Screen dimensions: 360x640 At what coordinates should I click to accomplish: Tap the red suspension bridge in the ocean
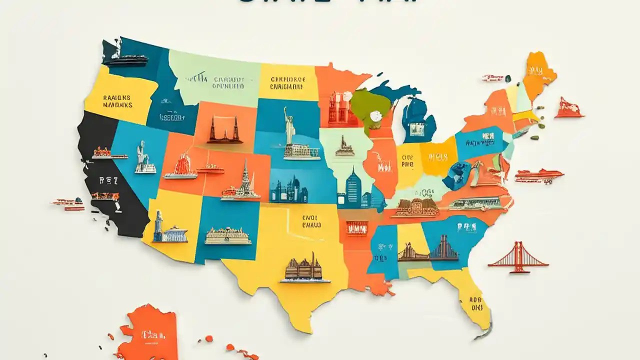click(x=518, y=258)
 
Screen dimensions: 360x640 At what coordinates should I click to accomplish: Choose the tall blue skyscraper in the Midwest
click(x=353, y=189)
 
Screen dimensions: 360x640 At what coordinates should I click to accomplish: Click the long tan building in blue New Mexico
click(x=228, y=236)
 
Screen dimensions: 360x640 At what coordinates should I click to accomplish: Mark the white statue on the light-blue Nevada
click(x=143, y=159)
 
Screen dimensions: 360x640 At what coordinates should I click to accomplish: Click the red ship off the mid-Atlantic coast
click(x=539, y=176)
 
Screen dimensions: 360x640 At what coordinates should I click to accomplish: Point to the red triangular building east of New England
click(x=568, y=108)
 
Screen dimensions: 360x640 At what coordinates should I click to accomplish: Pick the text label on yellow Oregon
click(x=117, y=101)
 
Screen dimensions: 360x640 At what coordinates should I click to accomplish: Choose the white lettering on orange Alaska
click(x=150, y=333)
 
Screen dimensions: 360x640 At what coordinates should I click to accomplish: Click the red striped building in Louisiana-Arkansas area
click(x=356, y=228)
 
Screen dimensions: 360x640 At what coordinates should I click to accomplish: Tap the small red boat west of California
click(x=67, y=203)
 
